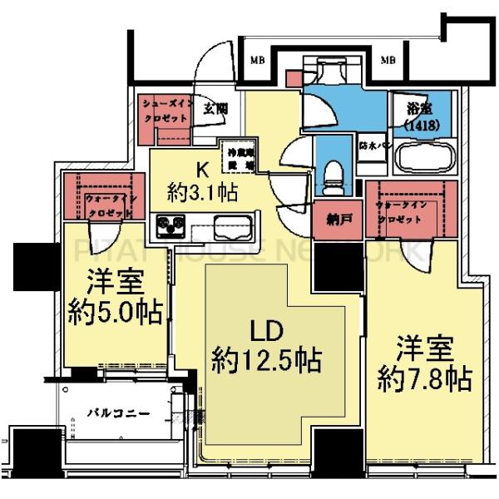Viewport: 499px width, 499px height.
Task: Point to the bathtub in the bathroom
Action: [424, 157]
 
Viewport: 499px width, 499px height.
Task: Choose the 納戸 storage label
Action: [337, 220]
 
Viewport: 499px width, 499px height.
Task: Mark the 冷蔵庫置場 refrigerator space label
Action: [235, 156]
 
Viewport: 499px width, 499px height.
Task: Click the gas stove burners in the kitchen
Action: [170, 225]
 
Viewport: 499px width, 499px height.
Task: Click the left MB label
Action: [259, 61]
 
